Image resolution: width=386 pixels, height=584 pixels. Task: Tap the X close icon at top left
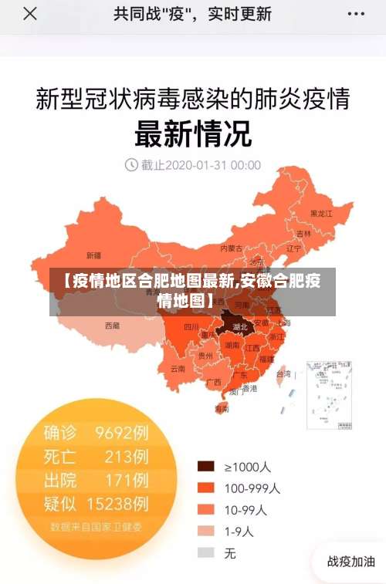29,14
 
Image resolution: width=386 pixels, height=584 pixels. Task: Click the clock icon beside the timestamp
130,164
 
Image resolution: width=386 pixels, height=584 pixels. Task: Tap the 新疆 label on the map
93,255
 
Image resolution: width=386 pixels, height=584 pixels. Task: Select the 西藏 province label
112,326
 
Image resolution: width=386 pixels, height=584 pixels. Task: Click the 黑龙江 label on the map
320,213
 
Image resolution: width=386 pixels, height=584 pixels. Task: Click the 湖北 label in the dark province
240,327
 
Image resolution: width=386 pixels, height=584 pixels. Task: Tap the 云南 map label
178,369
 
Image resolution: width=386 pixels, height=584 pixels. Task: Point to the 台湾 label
283,373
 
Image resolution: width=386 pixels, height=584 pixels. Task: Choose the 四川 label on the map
191,327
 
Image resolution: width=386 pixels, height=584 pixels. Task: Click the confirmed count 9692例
122,432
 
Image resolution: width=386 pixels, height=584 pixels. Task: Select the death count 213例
127,456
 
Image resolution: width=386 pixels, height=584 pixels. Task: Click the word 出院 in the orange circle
60,481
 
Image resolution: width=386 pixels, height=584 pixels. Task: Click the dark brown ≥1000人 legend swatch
205,467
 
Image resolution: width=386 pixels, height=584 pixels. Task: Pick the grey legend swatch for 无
205,552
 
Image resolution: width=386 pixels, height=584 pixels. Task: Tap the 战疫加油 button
351,562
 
